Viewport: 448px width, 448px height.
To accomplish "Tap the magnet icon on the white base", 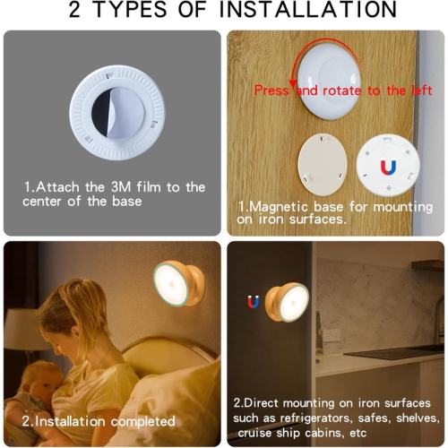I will click(387, 168).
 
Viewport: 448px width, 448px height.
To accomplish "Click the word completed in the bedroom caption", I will click(142, 420).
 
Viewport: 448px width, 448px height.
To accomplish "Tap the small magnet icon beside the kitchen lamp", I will click(253, 303).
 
